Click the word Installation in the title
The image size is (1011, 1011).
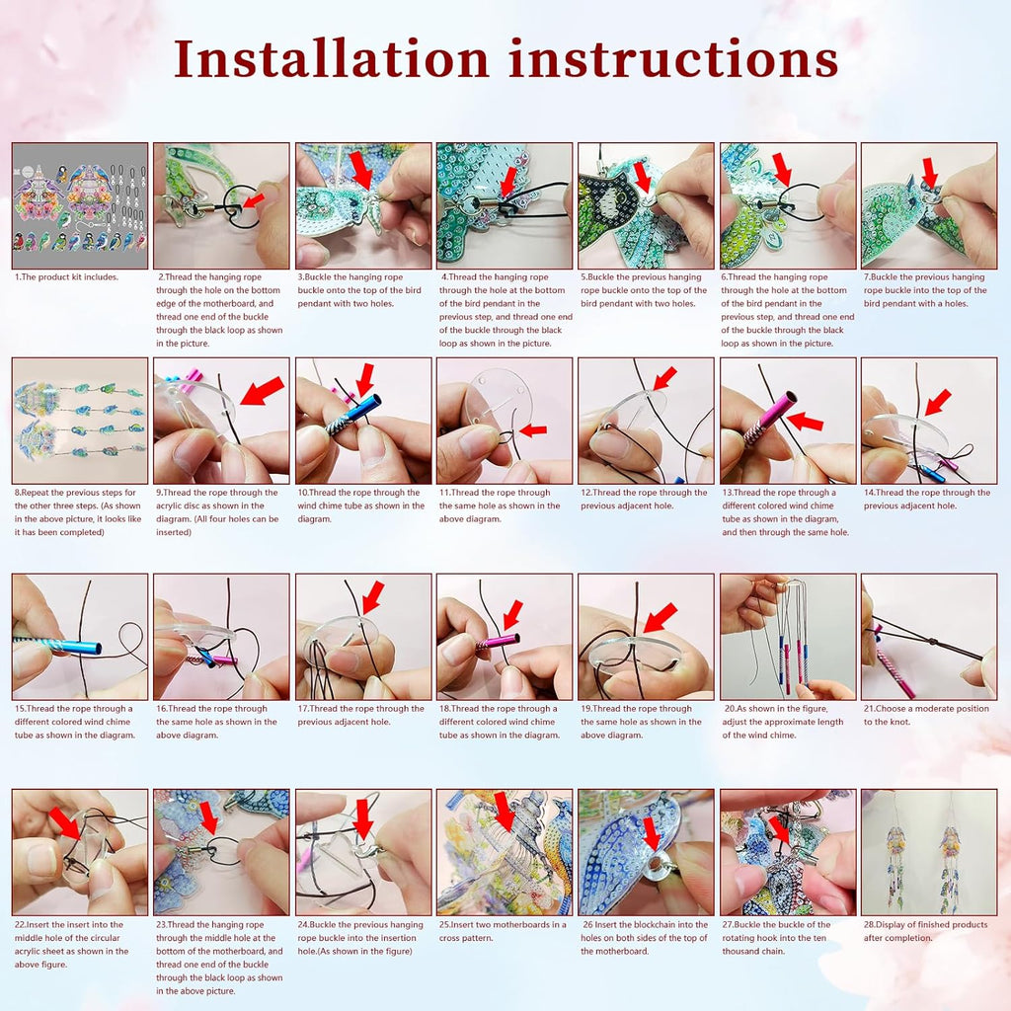pyautogui.click(x=332, y=58)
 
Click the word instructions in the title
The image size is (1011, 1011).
pyautogui.click(x=672, y=58)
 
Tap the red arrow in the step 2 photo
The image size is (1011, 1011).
pyautogui.click(x=254, y=200)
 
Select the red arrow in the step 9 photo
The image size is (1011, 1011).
pyautogui.click(x=262, y=390)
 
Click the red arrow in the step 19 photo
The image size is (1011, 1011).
pyautogui.click(x=661, y=617)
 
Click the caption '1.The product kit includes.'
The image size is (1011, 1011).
pyautogui.click(x=67, y=277)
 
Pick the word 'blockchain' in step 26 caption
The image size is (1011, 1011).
pyautogui.click(x=655, y=924)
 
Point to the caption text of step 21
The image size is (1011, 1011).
pyautogui.click(x=926, y=715)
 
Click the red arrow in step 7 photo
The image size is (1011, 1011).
pyautogui.click(x=929, y=173)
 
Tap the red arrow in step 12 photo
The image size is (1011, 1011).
pyautogui.click(x=664, y=378)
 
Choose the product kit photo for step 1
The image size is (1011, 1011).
pyautogui.click(x=80, y=205)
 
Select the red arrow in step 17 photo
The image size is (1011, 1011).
pyautogui.click(x=372, y=597)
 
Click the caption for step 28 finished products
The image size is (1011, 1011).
pyautogui.click(x=926, y=931)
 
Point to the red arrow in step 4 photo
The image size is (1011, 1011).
pyautogui.click(x=509, y=182)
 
